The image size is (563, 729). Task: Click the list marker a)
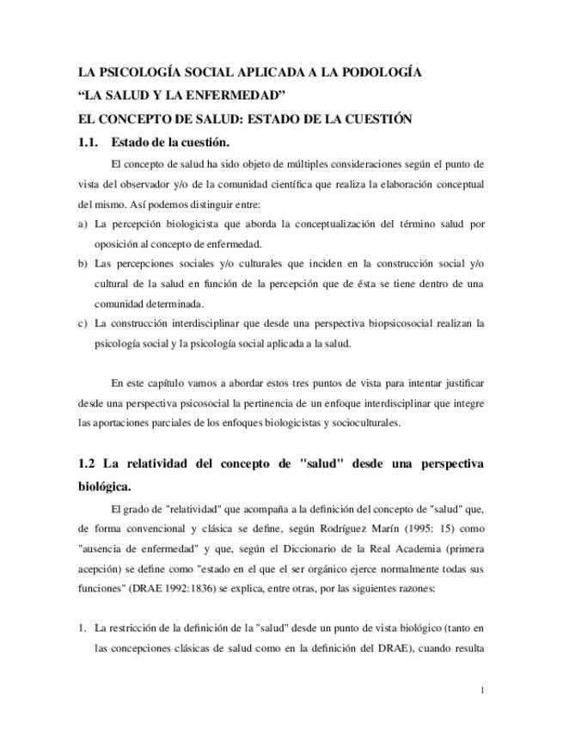[x=83, y=224]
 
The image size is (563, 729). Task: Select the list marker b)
[x=83, y=263]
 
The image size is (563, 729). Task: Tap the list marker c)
[x=83, y=323]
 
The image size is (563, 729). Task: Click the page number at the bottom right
[x=482, y=690]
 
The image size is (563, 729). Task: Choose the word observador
[x=142, y=185]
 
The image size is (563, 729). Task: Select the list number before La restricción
[x=82, y=628]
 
